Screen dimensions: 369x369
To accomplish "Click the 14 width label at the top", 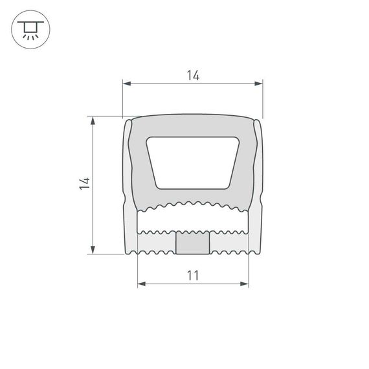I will coord(192,76).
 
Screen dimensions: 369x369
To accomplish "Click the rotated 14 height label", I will coord(84,183).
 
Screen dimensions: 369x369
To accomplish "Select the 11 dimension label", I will coord(192,275).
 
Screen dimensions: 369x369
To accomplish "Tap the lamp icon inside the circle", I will coord(29,29).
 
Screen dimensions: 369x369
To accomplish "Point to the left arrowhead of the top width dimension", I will coord(127,84).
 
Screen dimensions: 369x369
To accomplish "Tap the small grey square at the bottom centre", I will coord(193,243).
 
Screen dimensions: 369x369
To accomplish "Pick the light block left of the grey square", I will coord(157,243).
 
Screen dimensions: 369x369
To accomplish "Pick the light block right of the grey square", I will coord(229,243).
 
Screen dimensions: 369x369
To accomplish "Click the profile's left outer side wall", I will coord(129,188).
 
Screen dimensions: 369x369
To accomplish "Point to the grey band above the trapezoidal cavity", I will coord(193,126).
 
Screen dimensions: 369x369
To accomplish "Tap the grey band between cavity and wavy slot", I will coord(193,197).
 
